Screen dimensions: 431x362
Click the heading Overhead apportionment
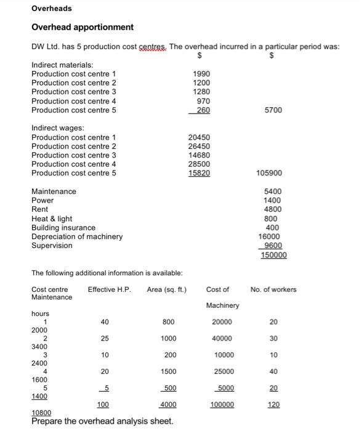click(x=82, y=28)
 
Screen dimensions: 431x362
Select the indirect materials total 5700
click(x=273, y=110)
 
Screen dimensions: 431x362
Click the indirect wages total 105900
click(x=270, y=173)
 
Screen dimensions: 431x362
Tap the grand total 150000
click(x=273, y=255)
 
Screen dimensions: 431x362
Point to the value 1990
click(x=201, y=74)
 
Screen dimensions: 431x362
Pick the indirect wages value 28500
click(x=199, y=164)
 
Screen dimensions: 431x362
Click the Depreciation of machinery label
click(x=77, y=236)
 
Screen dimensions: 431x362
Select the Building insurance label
click(x=63, y=228)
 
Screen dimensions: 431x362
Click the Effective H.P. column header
click(x=110, y=289)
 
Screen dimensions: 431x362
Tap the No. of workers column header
click(x=273, y=289)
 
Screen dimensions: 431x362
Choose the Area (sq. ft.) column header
click(x=167, y=289)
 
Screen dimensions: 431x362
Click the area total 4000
click(x=167, y=405)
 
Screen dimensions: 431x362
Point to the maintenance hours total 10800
click(x=42, y=413)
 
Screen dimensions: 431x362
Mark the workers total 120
click(x=273, y=405)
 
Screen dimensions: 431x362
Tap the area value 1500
click(x=167, y=371)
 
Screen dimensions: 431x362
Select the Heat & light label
click(x=52, y=219)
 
